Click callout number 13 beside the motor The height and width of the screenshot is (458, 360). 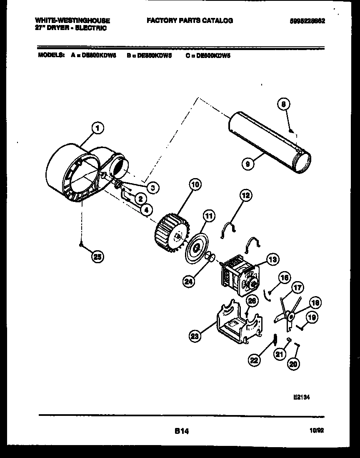click(272, 259)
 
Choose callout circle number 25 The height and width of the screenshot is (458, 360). click(97, 257)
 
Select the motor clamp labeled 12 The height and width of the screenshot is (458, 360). click(228, 230)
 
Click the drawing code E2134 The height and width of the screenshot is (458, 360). click(301, 398)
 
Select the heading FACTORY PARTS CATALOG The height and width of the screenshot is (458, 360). click(190, 20)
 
